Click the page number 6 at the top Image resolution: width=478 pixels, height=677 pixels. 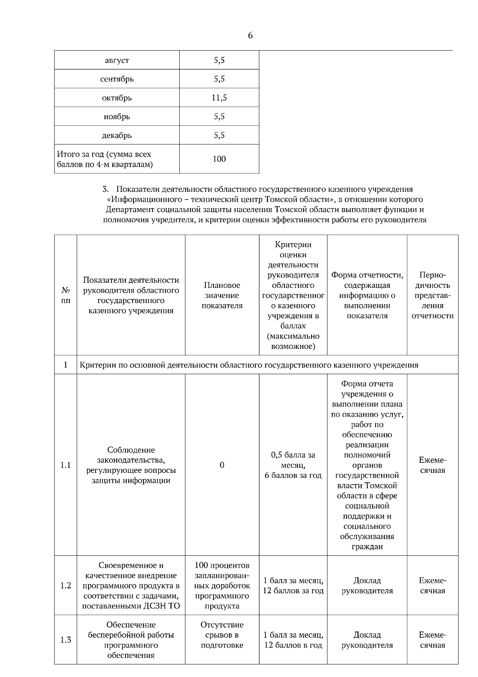(250, 35)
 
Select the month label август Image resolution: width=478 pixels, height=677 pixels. (117, 61)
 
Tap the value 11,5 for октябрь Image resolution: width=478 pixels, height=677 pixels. (219, 98)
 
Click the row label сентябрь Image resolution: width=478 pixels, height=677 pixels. (117, 79)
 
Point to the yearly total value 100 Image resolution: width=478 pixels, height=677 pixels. (219, 159)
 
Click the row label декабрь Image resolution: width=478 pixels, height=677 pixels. (117, 136)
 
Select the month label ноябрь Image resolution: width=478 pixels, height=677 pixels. (117, 117)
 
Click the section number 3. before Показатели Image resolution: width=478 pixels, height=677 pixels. (106, 189)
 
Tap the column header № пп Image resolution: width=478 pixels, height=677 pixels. (66, 295)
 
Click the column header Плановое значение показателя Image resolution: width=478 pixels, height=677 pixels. (222, 295)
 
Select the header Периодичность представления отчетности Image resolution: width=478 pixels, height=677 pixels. (433, 295)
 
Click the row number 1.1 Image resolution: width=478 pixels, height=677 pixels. (66, 465)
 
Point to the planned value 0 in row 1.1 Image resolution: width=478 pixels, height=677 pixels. (222, 465)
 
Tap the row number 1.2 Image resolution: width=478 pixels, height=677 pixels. (66, 585)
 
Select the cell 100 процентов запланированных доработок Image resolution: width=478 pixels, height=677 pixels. (222, 585)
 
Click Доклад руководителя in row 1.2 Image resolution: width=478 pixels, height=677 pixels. (367, 585)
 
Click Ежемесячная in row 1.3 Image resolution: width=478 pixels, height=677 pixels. (433, 640)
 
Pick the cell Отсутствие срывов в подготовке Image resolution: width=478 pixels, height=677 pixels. (222, 635)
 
